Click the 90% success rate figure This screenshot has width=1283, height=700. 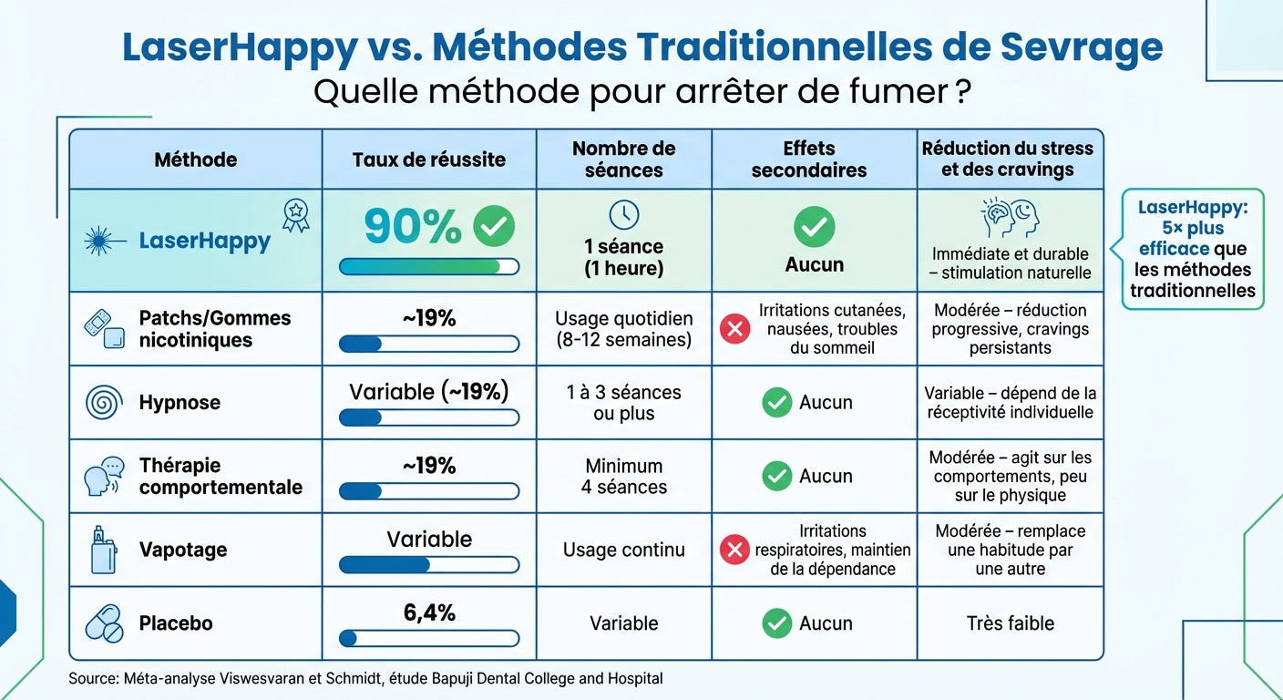point(413,228)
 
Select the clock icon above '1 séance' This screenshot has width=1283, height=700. point(624,214)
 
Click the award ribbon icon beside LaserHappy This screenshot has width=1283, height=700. point(295,215)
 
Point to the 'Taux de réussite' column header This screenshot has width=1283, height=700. point(429,160)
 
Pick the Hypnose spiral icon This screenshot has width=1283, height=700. point(102,403)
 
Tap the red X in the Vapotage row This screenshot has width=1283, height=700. point(734,550)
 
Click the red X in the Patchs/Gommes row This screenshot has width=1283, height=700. point(734,329)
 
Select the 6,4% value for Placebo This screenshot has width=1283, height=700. point(429,613)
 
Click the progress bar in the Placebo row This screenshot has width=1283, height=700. point(429,638)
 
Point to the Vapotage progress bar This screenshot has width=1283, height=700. point(429,565)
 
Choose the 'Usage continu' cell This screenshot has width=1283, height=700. point(624,550)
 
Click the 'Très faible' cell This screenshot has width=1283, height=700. point(1010,623)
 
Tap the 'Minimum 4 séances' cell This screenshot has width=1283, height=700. point(624,476)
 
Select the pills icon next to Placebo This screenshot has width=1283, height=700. point(103,623)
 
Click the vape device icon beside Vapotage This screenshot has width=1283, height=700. point(103,549)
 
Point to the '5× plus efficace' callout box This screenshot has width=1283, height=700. point(1192,249)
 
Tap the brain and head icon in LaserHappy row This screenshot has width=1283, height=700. point(1010,219)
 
